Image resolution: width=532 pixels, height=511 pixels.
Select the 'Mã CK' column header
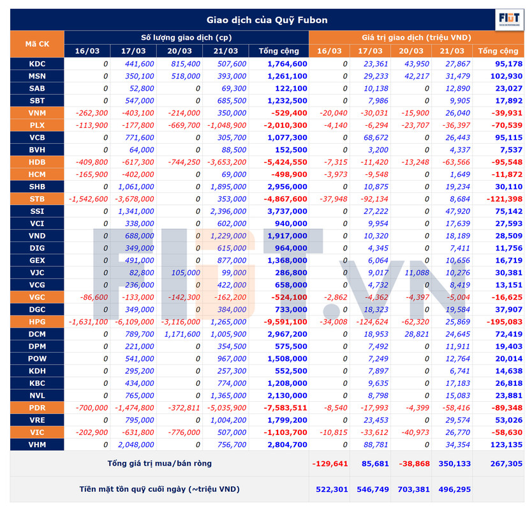(37, 44)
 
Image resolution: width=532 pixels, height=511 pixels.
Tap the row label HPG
(37, 321)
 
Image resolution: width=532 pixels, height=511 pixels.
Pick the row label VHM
(37, 444)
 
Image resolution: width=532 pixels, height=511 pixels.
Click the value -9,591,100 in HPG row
(285, 321)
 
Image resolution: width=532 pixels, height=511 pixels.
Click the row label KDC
(37, 64)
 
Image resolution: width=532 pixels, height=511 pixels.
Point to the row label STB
(37, 199)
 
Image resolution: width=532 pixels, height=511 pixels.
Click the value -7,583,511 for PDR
(285, 407)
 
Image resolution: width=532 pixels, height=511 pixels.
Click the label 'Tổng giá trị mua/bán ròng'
(159, 463)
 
